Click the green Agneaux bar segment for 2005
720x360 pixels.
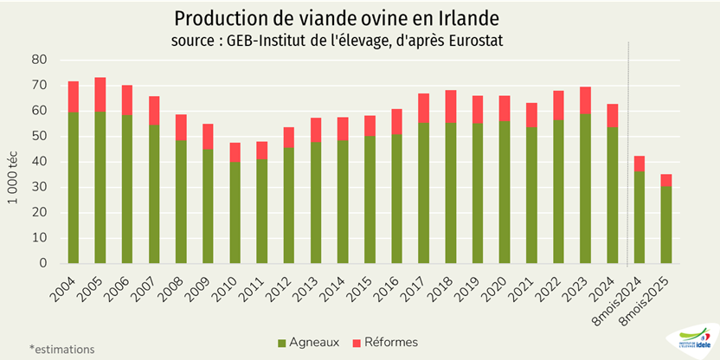click(100, 187)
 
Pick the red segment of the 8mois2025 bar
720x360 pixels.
click(666, 180)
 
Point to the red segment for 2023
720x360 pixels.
click(586, 100)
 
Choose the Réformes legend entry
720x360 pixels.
click(386, 342)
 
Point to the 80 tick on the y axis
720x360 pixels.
click(39, 60)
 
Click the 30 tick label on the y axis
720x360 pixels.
click(39, 187)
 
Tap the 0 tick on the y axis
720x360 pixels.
click(42, 263)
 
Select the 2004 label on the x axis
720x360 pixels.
click(66, 285)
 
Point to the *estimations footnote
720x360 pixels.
click(61, 350)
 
